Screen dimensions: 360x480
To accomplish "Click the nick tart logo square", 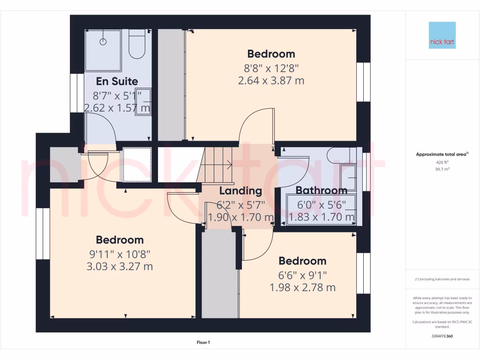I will tap(442, 35).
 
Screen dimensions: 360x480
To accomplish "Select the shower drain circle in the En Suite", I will tap(103, 42).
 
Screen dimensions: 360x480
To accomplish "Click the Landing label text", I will tap(240, 191).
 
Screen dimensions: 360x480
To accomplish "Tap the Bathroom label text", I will tap(322, 190).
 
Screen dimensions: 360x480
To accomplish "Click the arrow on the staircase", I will tap(228, 164).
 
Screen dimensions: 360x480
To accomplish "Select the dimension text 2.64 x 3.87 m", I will tap(271, 81).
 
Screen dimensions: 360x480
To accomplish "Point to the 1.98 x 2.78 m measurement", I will tap(302, 287).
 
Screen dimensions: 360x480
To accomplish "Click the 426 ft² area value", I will tap(442, 163).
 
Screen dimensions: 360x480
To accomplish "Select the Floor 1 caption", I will tap(203, 343).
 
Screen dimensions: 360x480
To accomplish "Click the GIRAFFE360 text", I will tap(442, 336).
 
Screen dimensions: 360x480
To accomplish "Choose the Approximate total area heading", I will tap(442, 154).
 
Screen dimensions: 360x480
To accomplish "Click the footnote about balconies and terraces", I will tap(442, 279).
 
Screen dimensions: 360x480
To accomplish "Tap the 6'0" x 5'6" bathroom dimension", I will tap(322, 204).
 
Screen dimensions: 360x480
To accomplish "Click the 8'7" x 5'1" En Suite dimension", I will tap(117, 96).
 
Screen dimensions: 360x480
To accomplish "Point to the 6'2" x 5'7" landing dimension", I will tap(240, 204).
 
